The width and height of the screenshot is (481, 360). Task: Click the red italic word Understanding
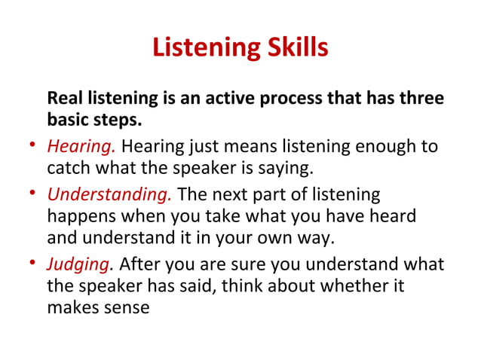coord(110,194)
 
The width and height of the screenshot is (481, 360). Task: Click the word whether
coord(361,286)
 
